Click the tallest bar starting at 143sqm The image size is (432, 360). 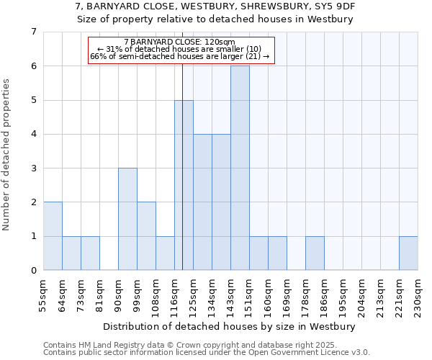(x=240, y=168)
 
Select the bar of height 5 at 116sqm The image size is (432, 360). (x=184, y=185)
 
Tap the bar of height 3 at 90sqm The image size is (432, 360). (x=127, y=219)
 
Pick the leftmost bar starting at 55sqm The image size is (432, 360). (x=53, y=236)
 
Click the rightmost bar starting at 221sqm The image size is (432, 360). (x=408, y=253)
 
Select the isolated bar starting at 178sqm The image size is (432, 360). (x=315, y=253)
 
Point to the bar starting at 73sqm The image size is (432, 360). (x=90, y=253)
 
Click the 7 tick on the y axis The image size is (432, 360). (x=33, y=32)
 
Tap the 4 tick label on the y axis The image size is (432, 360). (x=33, y=134)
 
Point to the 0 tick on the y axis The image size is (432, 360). (x=33, y=270)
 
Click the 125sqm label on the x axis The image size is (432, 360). (x=193, y=294)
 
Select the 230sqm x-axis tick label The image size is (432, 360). (x=418, y=294)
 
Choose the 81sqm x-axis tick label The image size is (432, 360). (x=99, y=294)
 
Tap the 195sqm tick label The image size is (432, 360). (x=343, y=294)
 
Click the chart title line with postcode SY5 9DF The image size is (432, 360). (x=215, y=6)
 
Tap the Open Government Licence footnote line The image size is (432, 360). (x=207, y=353)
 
